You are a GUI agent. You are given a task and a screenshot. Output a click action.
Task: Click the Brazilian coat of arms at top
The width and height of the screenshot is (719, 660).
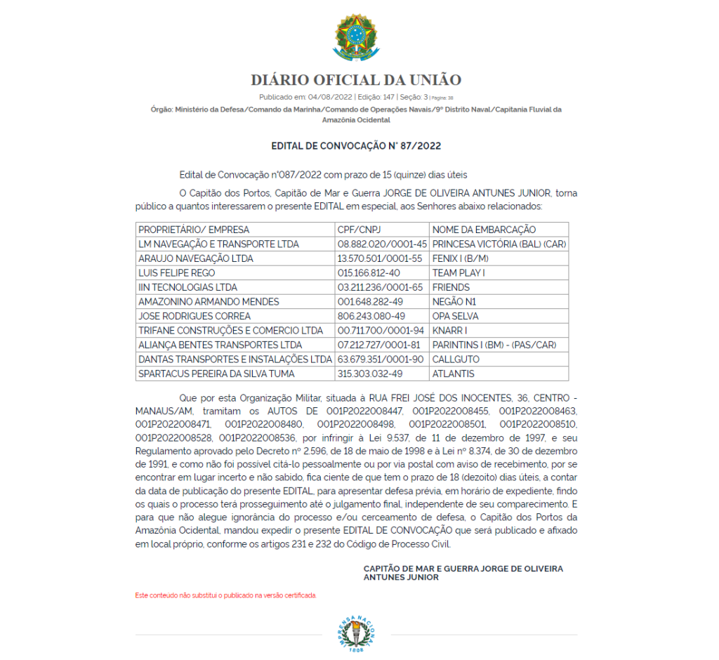click(356, 39)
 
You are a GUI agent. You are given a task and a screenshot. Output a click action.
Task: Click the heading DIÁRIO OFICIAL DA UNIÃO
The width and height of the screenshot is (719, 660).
click(356, 80)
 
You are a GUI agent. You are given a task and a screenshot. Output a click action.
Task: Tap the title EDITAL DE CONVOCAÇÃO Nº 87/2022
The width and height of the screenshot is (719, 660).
click(356, 146)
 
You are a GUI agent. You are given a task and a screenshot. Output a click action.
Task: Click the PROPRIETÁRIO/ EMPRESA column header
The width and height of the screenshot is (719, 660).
click(194, 230)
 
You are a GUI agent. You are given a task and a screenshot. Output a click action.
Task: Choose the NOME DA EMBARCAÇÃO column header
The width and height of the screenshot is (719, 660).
click(484, 230)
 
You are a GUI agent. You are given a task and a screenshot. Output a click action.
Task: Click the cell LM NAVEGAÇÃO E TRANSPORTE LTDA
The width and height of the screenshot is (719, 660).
click(219, 244)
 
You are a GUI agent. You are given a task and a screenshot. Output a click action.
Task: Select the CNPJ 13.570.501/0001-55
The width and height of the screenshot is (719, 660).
click(379, 258)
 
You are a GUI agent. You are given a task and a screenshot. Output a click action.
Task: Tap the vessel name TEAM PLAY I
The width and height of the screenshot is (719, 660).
click(459, 273)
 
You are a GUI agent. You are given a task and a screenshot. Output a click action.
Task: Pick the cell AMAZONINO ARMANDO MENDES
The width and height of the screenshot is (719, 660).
click(209, 302)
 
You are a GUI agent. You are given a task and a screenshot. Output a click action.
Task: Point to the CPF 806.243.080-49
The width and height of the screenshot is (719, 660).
click(371, 316)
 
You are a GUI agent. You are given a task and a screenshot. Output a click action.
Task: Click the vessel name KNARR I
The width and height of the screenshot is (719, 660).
click(449, 331)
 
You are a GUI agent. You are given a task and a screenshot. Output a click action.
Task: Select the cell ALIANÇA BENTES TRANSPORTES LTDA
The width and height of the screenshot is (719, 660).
click(220, 345)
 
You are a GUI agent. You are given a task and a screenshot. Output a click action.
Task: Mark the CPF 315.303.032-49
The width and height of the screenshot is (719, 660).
click(370, 374)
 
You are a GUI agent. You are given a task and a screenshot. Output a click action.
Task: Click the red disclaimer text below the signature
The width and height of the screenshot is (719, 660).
click(225, 595)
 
